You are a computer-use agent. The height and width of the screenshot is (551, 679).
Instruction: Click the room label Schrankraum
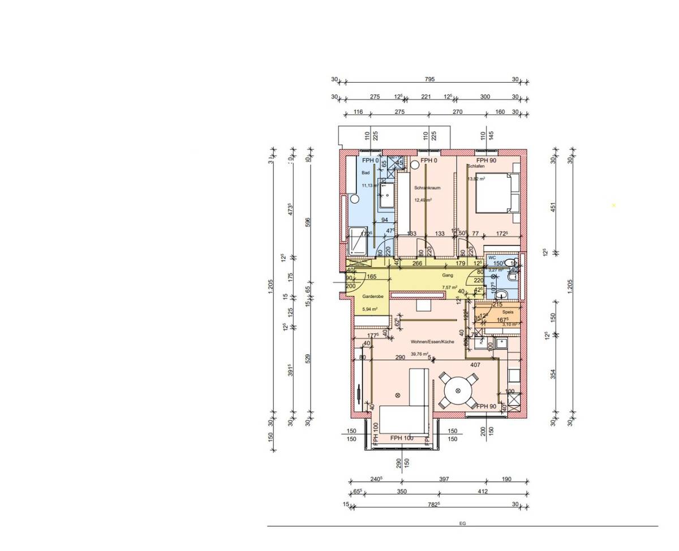coord(427,188)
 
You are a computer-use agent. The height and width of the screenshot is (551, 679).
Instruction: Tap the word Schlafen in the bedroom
coord(476,166)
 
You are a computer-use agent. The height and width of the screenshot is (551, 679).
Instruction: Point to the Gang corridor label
coord(448,275)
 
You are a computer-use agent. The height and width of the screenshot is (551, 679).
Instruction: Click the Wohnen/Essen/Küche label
coord(432,342)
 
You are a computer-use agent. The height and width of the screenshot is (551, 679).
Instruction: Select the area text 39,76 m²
coord(419,354)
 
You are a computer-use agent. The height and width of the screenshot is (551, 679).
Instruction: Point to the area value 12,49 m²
coord(423,200)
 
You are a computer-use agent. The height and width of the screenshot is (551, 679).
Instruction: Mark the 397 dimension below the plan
coord(444,479)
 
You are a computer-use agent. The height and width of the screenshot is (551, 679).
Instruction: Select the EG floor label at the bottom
coord(462,524)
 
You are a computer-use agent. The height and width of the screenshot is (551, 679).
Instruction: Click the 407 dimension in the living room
coord(475,365)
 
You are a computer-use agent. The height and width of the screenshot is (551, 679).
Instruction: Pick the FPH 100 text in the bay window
coord(402,438)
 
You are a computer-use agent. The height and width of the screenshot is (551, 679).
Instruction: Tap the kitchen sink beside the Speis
coord(500,343)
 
